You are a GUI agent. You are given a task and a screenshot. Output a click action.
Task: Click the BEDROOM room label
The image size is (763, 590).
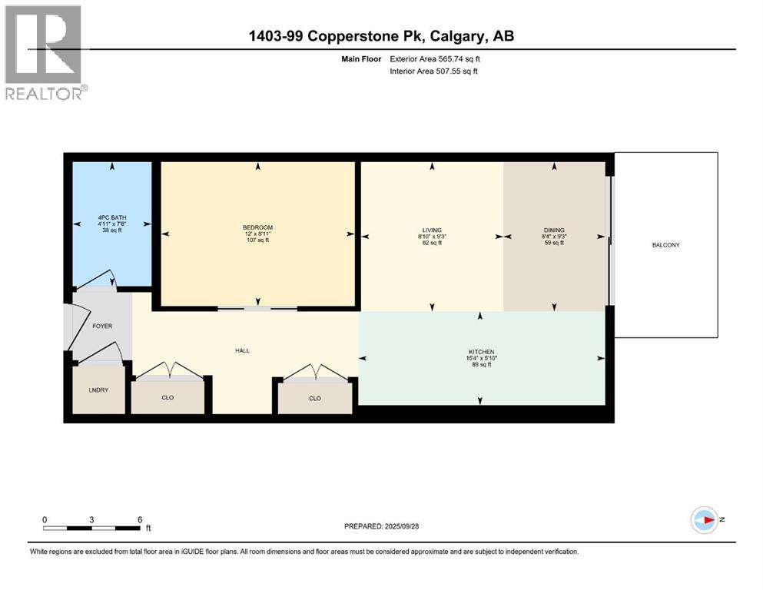(x=257, y=227)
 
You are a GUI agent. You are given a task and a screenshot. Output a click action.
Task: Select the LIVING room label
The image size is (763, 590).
(x=432, y=230)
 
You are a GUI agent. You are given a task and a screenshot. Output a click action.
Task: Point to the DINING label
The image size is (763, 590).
(x=554, y=230)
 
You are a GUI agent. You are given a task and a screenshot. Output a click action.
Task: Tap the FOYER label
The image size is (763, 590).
(x=102, y=326)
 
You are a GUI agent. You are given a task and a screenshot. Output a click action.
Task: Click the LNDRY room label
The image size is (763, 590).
(x=98, y=390)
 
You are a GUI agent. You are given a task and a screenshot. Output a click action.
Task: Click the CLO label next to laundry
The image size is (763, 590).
(x=168, y=398)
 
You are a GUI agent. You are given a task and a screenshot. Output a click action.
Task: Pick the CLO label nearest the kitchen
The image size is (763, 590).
(x=314, y=398)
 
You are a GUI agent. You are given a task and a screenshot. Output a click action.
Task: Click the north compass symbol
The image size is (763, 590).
(x=704, y=520)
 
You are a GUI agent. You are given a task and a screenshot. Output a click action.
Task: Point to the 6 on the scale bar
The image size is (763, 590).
(x=140, y=519)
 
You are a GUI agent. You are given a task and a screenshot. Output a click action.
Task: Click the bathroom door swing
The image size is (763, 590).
(x=98, y=278)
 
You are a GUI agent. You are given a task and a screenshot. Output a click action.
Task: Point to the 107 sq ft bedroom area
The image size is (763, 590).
(x=257, y=240)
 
